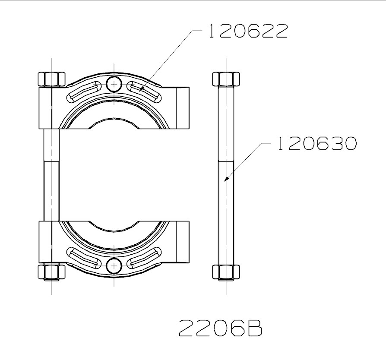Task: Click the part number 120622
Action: pyautogui.click(x=248, y=31)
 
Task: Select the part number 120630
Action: pyautogui.click(x=317, y=143)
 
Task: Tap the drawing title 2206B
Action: pyautogui.click(x=220, y=328)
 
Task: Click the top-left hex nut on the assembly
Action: pyautogui.click(x=52, y=79)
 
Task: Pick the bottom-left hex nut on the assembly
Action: pyautogui.click(x=52, y=272)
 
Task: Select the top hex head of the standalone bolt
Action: pyautogui.click(x=226, y=79)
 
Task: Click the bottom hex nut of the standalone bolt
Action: pyautogui.click(x=226, y=272)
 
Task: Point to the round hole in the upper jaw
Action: pyautogui.click(x=114, y=84)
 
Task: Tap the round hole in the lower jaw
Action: pyautogui.click(x=114, y=265)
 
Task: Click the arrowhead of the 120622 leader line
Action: pyautogui.click(x=142, y=89)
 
